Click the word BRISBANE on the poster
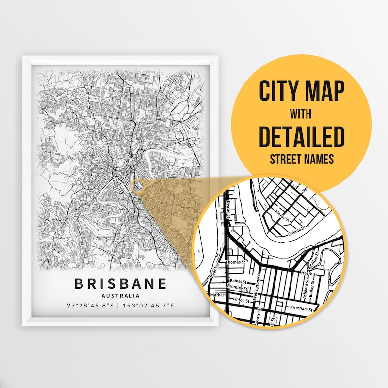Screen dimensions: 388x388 coord(120,284)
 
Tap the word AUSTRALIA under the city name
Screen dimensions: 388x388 coord(121,295)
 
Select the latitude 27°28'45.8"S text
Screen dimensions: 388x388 coord(91,306)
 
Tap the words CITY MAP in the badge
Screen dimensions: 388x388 coord(301,91)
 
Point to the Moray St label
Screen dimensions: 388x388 coord(281,212)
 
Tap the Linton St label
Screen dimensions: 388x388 coord(240,301)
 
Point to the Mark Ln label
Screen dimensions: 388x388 coord(217,295)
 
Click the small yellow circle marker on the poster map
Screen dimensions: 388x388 coord(138,186)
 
